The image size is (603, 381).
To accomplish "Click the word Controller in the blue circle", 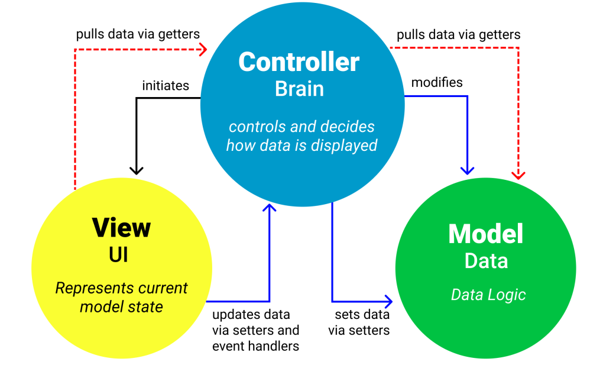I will click(x=299, y=62).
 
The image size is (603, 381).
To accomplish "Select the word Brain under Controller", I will click(x=299, y=89).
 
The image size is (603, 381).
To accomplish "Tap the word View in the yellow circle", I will click(x=121, y=228).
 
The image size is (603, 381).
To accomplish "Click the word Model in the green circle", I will click(x=486, y=234).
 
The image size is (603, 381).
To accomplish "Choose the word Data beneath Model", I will click(x=486, y=261).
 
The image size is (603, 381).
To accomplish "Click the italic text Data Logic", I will click(x=488, y=295).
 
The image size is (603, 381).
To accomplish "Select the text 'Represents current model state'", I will click(x=121, y=298).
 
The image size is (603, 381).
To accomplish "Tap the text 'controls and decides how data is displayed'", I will click(x=301, y=136).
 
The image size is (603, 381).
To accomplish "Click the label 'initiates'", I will click(x=166, y=86).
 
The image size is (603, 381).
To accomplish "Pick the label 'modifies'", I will click(x=437, y=82).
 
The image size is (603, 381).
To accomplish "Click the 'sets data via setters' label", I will click(x=359, y=322).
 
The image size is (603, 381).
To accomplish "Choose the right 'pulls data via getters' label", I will click(x=459, y=35).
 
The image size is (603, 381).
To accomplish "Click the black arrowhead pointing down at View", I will click(x=137, y=170).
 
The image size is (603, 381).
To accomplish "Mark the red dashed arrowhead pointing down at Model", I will click(x=518, y=173).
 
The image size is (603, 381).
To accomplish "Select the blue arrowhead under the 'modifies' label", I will click(x=468, y=170).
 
